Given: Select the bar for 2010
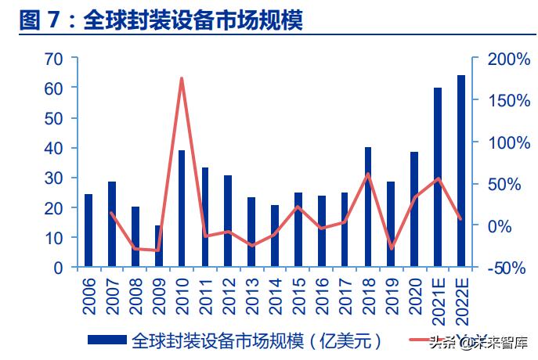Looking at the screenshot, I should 182,208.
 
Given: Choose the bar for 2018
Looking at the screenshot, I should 367,207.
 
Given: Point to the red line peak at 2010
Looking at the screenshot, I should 182,78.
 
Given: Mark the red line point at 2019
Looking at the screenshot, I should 391,248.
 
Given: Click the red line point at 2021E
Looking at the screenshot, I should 437,178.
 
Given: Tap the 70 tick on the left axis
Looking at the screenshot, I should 54,59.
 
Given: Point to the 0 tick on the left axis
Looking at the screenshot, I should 59,267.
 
